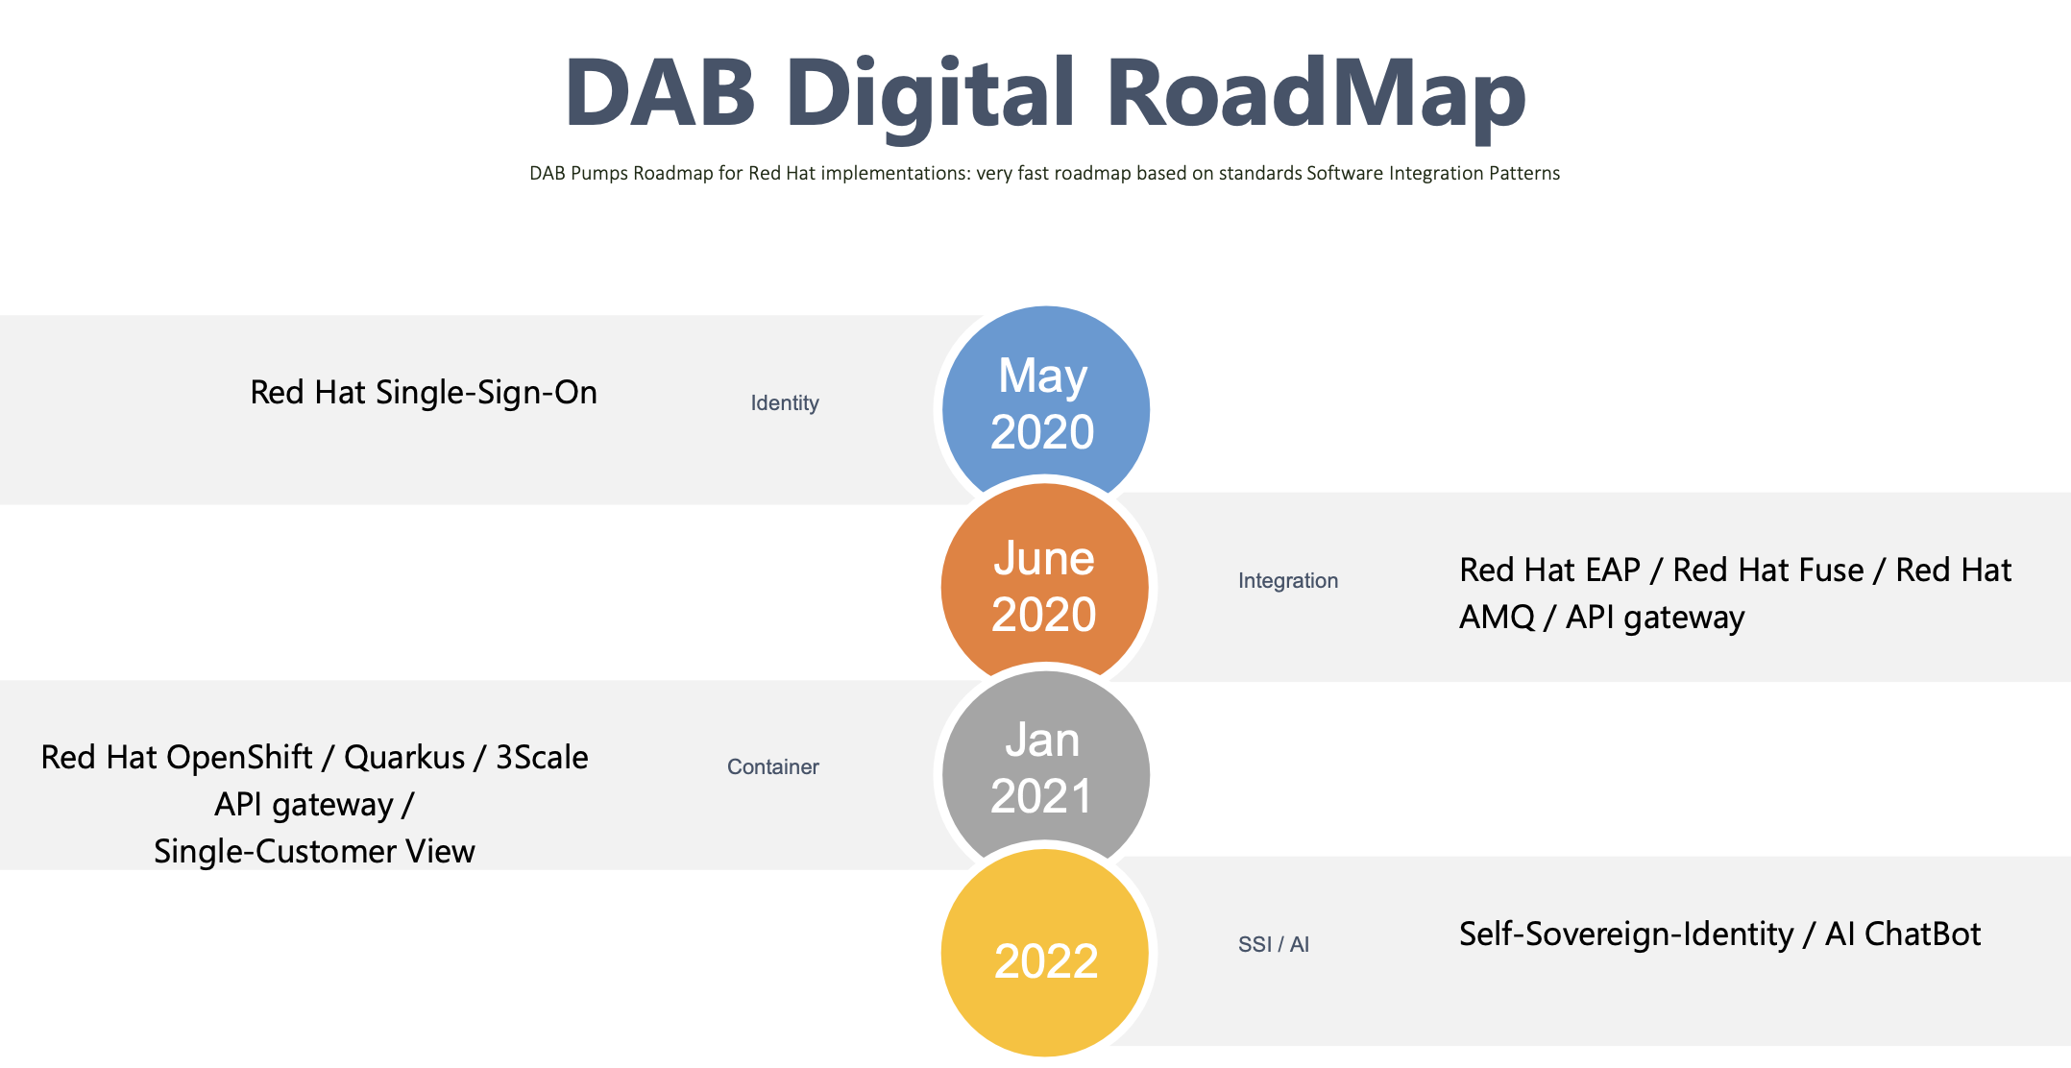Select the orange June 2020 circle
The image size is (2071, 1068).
click(1045, 586)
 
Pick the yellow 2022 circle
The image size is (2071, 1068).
click(1045, 953)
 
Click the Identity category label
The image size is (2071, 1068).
click(785, 403)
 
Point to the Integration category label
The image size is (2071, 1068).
click(1288, 581)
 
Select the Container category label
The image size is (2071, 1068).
click(773, 767)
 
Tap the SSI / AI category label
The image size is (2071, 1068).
click(1274, 944)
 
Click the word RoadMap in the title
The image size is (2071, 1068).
click(1316, 92)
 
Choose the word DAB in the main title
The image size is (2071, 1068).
click(661, 93)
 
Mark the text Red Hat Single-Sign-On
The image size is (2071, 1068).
click(424, 393)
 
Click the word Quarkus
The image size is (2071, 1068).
click(404, 758)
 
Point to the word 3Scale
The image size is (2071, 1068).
click(542, 758)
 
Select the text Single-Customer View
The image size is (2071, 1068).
click(314, 852)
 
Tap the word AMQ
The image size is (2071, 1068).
click(1498, 617)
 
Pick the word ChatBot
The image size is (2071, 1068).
click(1922, 934)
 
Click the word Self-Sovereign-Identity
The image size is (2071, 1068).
click(1626, 934)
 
